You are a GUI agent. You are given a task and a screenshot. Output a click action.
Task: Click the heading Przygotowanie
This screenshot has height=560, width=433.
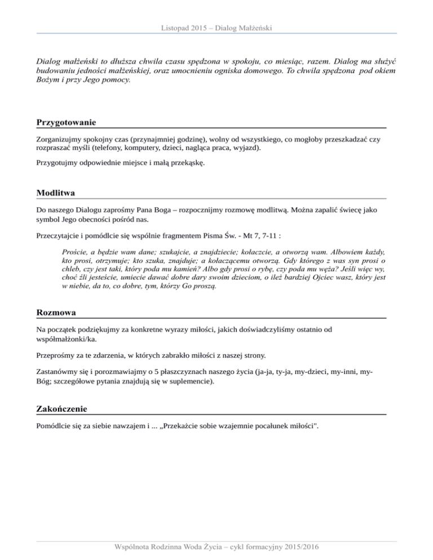66,122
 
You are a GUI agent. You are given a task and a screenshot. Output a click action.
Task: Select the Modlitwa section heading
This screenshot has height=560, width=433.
56,193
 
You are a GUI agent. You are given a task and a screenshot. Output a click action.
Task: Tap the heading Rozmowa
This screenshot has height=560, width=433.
56,312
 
